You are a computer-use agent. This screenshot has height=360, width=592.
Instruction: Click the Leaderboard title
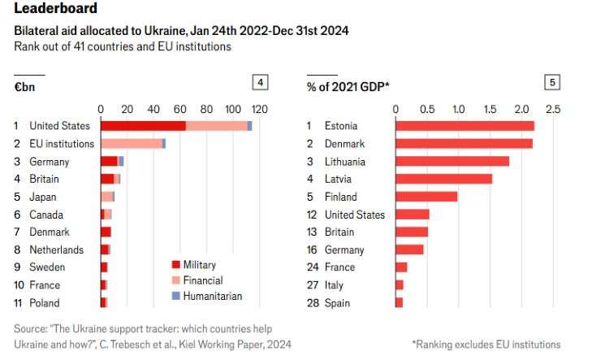click(x=56, y=10)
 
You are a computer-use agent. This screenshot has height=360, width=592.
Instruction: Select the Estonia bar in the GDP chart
click(x=465, y=126)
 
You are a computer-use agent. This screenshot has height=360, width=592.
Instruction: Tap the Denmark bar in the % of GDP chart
click(x=464, y=144)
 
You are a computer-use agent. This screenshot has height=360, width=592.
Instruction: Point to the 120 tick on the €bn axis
click(x=258, y=109)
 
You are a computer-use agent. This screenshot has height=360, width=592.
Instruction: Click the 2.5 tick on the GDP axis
click(x=552, y=109)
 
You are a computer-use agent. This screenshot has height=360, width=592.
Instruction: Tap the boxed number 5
click(x=552, y=82)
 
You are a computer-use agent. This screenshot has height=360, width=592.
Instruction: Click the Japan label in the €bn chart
click(x=43, y=197)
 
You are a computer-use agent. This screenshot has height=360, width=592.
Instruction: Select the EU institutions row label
click(x=62, y=144)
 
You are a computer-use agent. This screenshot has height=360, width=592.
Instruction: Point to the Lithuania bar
click(x=452, y=161)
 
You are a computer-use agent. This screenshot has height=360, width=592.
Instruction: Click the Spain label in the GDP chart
click(x=338, y=302)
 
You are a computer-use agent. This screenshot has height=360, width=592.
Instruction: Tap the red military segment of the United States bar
click(x=143, y=126)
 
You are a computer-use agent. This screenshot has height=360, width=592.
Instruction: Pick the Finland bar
click(x=426, y=197)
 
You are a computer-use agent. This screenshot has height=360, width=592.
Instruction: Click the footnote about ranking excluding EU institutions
click(x=486, y=345)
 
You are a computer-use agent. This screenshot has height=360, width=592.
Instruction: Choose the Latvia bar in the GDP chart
click(x=443, y=179)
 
